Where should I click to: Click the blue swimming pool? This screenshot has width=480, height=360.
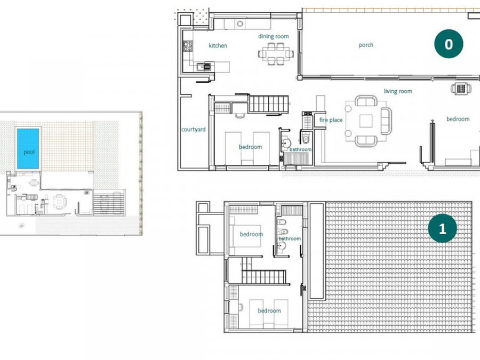point(28,148)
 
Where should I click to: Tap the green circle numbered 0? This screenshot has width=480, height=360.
point(449,44)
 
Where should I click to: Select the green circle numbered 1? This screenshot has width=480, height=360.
point(442,228)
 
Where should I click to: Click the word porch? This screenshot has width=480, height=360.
point(366,45)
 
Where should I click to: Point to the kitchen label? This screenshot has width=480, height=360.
point(218,46)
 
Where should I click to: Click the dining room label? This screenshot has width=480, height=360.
point(274,36)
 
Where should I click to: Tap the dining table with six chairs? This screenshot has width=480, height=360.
point(276,54)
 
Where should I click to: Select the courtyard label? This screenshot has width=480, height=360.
point(193,130)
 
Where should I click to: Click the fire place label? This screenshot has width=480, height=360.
point(331,119)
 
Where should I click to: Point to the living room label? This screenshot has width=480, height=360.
point(398,91)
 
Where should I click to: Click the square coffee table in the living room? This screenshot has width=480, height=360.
point(366,121)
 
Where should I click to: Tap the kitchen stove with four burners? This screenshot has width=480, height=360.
point(188,46)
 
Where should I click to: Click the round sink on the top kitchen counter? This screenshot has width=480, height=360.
point(240,23)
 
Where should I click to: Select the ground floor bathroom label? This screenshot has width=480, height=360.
point(300,149)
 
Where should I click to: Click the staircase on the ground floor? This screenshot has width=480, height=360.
point(269,104)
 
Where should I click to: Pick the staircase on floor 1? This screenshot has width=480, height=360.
point(263,276)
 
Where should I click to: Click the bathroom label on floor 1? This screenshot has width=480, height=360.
point(290,238)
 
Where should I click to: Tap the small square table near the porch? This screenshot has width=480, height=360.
point(461,89)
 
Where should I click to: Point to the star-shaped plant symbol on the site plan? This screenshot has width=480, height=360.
point(21,226)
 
